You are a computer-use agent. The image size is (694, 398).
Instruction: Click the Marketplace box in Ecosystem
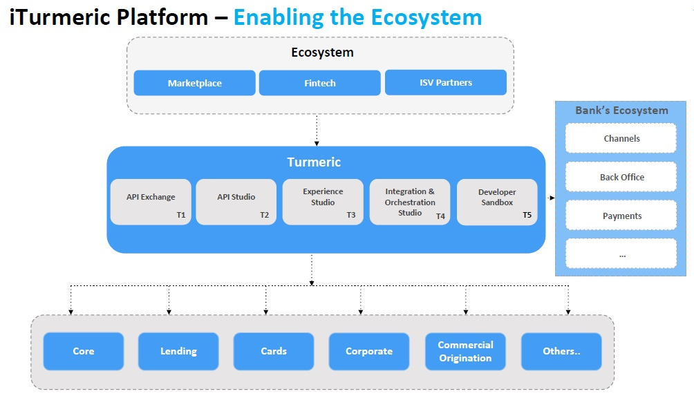pos(194,83)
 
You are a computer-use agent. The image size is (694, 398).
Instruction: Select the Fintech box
pos(319,83)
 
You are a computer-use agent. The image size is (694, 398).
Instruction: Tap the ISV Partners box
pos(445,82)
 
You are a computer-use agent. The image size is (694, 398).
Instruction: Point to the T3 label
pos(351,216)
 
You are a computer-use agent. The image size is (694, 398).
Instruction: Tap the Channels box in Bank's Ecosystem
pos(621,138)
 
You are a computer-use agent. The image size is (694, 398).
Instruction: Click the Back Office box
pos(621,177)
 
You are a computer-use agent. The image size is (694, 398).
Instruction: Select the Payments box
pos(621,216)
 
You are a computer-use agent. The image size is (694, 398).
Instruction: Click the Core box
pos(83,351)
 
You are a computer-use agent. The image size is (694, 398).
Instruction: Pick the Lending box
pos(178,351)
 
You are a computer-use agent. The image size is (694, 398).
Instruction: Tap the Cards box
pos(273,351)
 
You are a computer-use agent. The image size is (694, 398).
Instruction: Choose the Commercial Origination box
pos(465,351)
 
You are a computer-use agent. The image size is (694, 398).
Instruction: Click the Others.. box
pos(561,351)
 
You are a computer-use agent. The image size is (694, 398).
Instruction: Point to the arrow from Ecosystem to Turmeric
pos(317,130)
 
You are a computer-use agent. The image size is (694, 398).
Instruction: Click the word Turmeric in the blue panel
pos(314,162)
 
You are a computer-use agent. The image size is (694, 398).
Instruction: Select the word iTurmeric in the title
pos(56,17)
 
